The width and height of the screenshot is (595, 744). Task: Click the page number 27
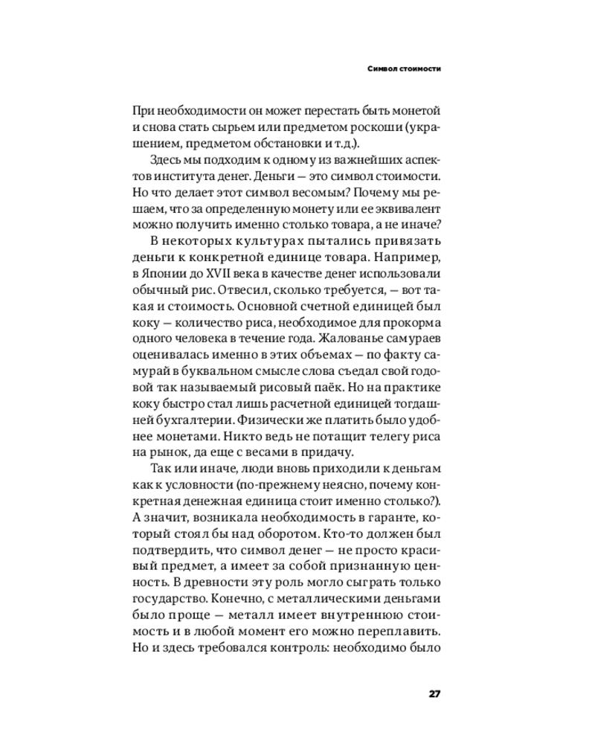(x=435, y=693)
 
